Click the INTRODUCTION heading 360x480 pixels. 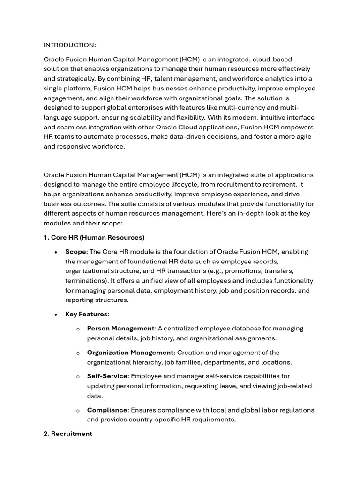pos(69,45)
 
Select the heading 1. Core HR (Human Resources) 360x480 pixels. pos(94,237)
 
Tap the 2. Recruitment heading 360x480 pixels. pos(68,434)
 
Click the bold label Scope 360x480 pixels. pos(75,252)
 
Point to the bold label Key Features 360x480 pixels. pos(86,314)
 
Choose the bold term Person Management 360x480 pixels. pos(120,329)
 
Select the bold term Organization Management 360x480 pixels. pos(130,352)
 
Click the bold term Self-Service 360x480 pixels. pos(107,376)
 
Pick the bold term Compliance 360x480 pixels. pos(107,410)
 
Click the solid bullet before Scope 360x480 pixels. pos(56,252)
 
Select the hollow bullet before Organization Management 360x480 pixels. pos(78,353)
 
